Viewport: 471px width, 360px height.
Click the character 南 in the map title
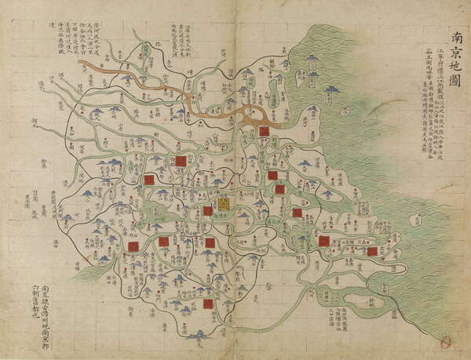click(x=457, y=38)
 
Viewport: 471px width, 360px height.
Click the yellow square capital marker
click(x=224, y=203)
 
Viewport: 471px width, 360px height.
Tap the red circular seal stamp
click(x=447, y=342)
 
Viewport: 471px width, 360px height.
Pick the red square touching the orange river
click(x=264, y=132)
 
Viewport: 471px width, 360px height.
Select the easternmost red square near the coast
click(x=372, y=252)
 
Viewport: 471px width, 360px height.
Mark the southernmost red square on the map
click(x=208, y=304)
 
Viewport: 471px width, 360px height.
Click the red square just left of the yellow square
click(x=208, y=210)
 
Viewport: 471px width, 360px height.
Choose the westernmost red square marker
click(x=133, y=246)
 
